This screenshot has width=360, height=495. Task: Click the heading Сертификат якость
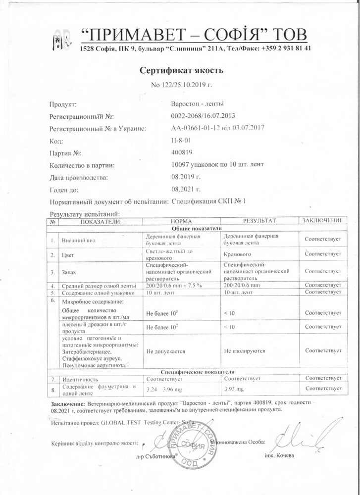[x=181, y=70]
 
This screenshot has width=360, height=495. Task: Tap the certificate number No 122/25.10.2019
[x=181, y=85]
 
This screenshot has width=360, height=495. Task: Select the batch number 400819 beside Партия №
[x=182, y=153]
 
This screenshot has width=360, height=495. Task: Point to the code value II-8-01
[x=180, y=141]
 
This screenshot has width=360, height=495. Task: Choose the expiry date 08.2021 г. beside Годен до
[x=186, y=189]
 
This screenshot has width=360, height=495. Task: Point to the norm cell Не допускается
[x=166, y=351]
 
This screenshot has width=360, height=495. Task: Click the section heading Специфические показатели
[x=197, y=371]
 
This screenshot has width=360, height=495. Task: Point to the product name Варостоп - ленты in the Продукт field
[x=197, y=104]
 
